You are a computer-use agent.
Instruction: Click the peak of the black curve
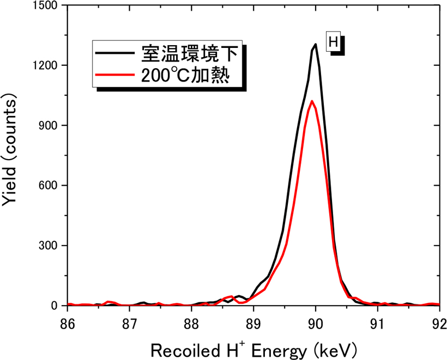coord(316,44)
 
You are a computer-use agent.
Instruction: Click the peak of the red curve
coord(311,101)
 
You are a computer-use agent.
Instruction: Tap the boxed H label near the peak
coord(333,41)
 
